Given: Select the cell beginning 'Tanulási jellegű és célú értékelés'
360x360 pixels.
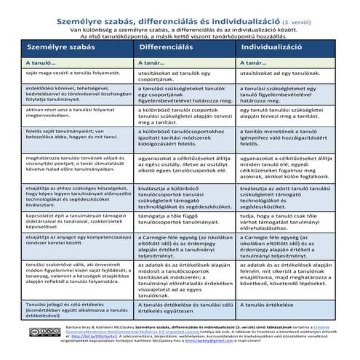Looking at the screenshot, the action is coord(62,311).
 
